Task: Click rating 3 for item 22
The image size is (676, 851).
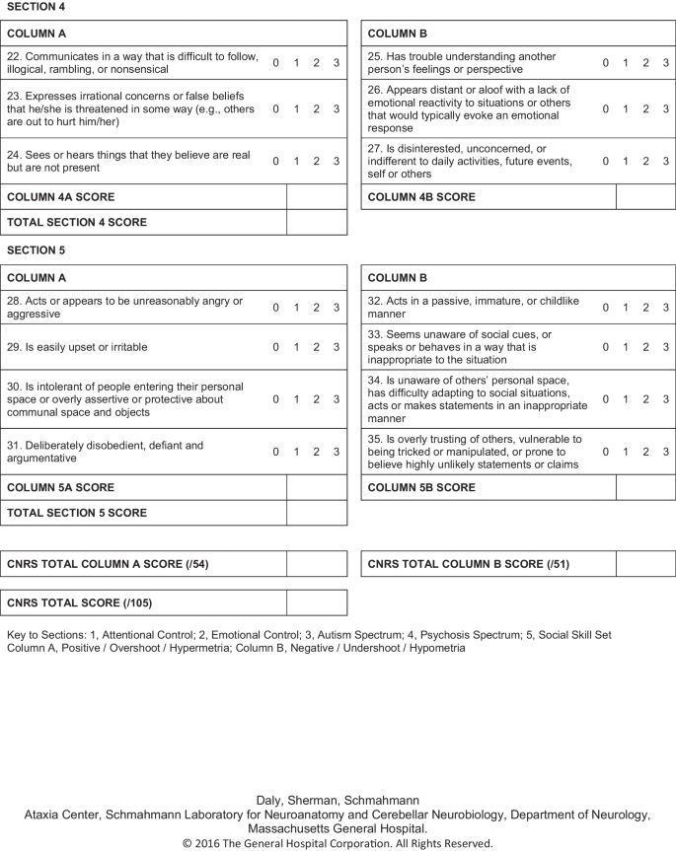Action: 337,63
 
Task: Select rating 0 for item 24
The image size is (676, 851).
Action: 275,161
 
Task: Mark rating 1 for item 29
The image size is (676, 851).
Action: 296,347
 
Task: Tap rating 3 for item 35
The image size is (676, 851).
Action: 666,452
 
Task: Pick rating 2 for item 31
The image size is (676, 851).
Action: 316,452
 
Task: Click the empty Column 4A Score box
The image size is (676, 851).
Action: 316,197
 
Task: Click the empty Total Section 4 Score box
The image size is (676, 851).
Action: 316,222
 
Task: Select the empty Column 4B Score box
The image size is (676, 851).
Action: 645,197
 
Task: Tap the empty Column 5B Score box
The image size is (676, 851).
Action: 645,487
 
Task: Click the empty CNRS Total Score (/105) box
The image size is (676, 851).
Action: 316,603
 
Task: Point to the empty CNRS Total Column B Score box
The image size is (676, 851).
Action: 645,564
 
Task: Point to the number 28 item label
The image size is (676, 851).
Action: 14,301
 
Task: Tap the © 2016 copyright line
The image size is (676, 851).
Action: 338,844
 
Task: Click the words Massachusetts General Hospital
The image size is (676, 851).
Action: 338,830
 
